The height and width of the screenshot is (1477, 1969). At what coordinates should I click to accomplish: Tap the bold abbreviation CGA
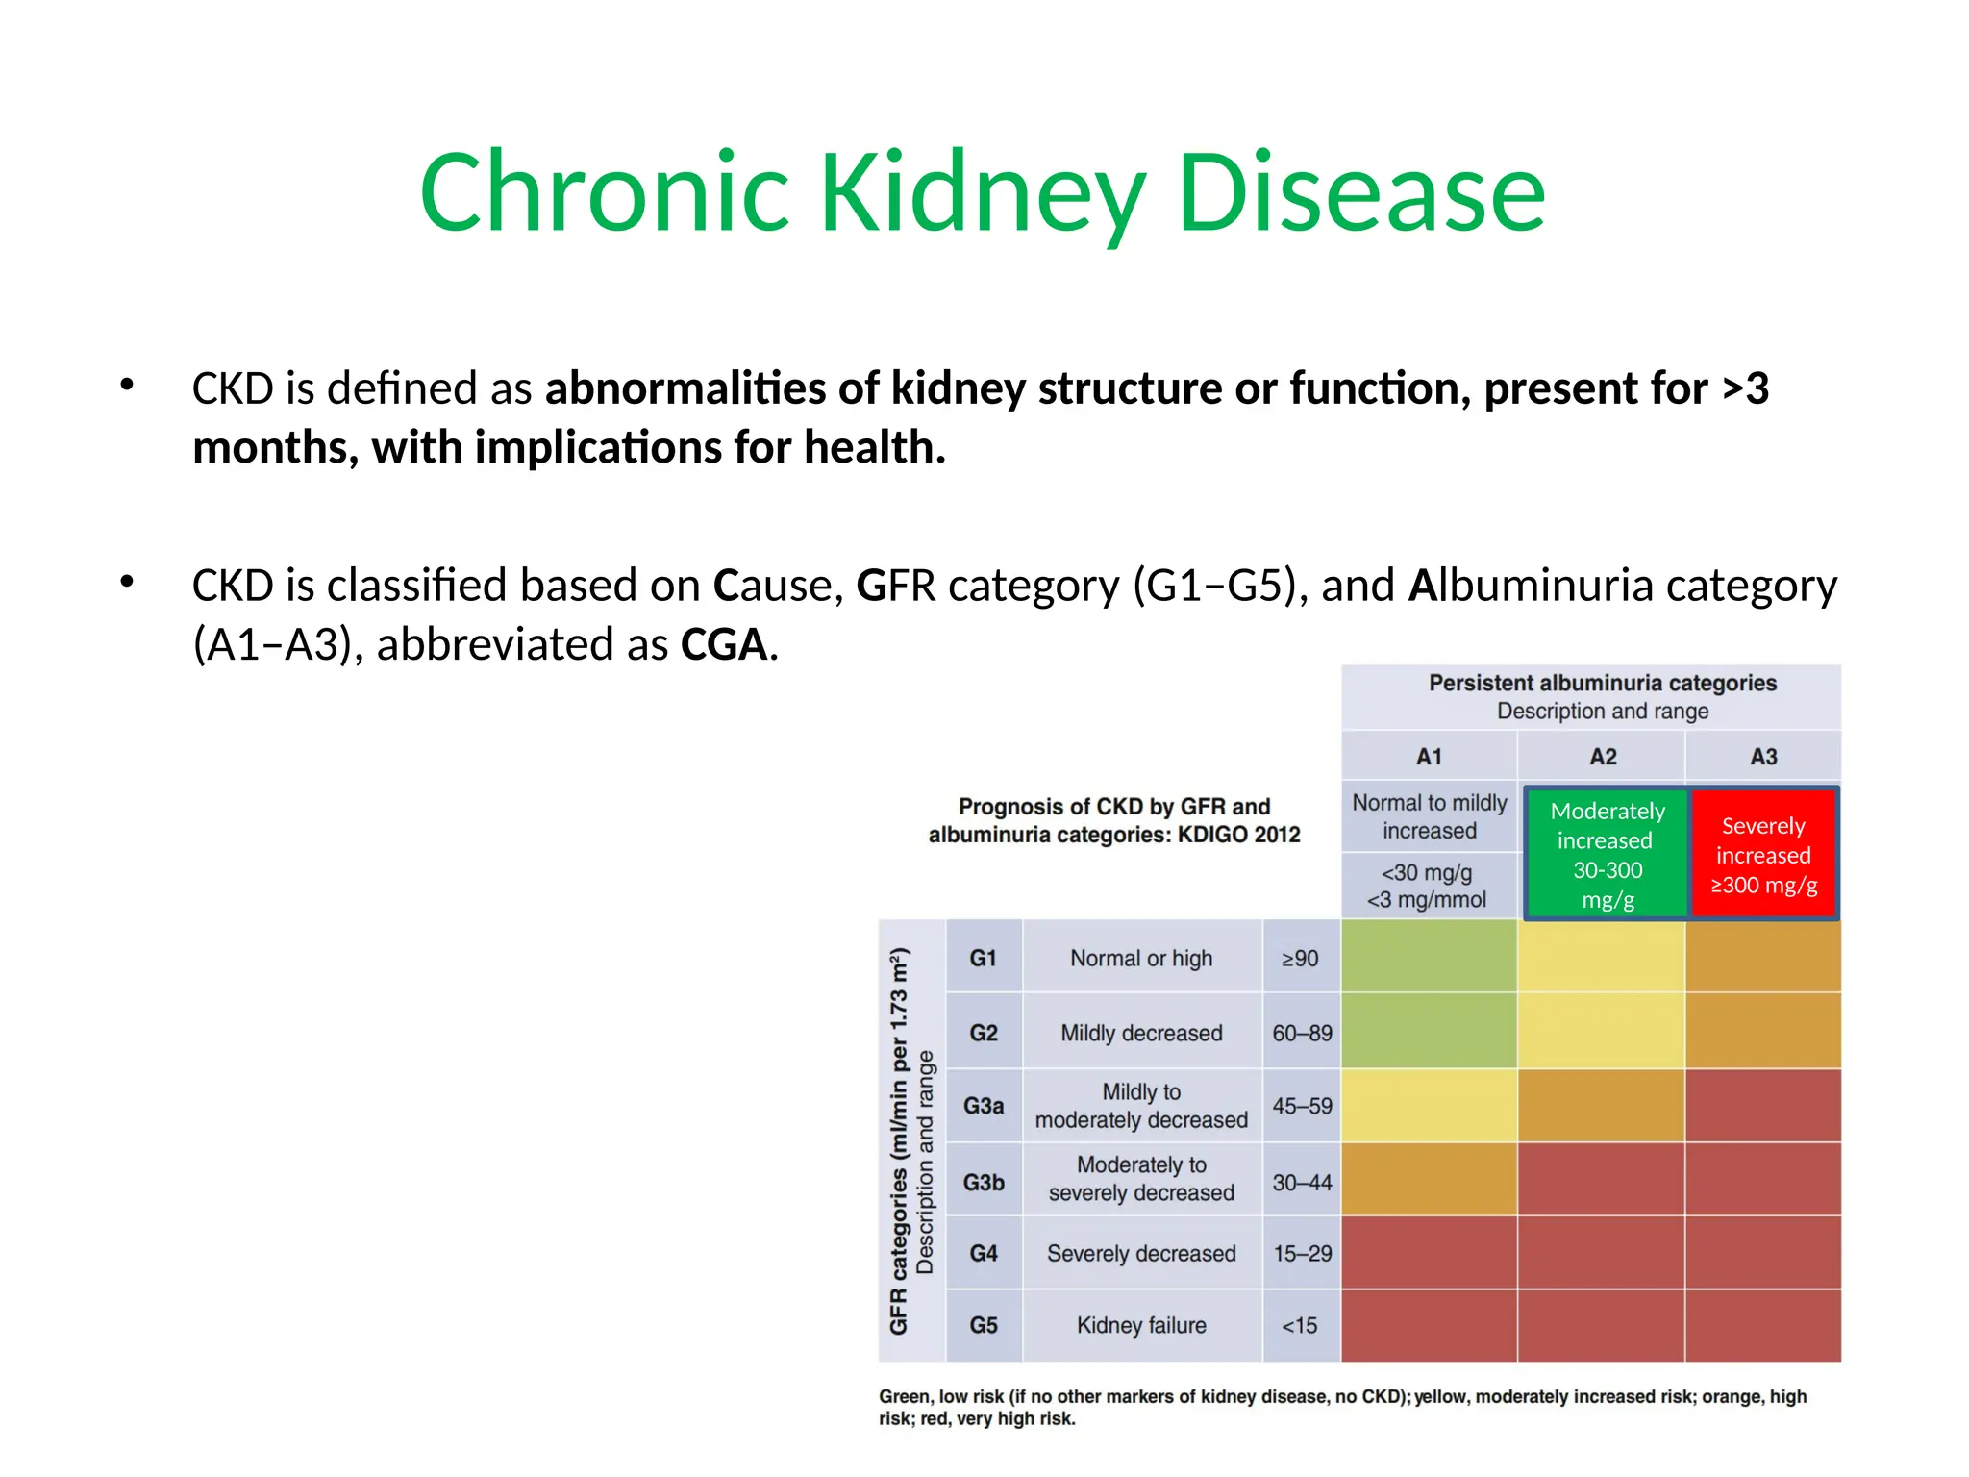(x=723, y=644)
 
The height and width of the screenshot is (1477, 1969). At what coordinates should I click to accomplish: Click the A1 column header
(x=1429, y=757)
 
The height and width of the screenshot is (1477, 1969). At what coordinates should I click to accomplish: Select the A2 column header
(x=1603, y=757)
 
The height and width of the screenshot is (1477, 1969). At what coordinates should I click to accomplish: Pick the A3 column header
(x=1763, y=757)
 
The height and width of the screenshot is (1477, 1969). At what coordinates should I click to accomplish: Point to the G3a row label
(x=984, y=1106)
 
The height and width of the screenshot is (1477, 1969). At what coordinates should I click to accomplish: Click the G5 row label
(x=984, y=1325)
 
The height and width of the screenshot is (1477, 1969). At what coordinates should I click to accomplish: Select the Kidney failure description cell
(x=1141, y=1325)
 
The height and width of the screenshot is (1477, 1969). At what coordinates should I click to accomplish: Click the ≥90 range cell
(x=1300, y=958)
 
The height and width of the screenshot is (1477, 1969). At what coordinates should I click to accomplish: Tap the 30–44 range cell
(x=1302, y=1182)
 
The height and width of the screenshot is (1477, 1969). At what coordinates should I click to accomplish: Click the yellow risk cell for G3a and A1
(x=1429, y=1106)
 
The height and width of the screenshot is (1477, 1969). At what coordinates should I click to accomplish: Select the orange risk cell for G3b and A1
(x=1429, y=1180)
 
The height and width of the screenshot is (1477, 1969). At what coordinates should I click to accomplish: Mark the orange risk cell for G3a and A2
(x=1602, y=1106)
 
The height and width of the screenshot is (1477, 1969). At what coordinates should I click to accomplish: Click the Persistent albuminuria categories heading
(x=1602, y=683)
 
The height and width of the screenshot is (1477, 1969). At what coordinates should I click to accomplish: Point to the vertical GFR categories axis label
(x=899, y=1140)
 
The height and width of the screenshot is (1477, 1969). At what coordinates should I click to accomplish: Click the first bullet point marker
(x=127, y=386)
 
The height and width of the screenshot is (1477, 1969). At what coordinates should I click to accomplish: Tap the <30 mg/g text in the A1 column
(x=1427, y=872)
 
